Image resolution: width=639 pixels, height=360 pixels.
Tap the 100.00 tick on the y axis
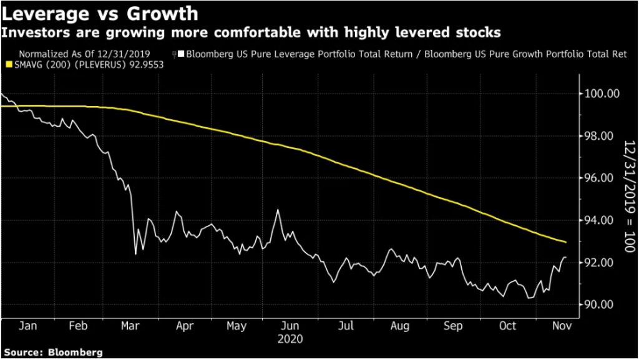coord(600,94)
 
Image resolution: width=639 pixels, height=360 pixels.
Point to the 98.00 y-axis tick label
coord(600,136)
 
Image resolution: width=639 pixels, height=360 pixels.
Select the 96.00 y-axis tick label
coord(600,178)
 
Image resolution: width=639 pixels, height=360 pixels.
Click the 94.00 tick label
coord(600,221)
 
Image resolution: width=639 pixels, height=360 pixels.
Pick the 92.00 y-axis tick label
coord(600,263)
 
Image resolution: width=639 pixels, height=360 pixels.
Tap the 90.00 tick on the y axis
coord(600,304)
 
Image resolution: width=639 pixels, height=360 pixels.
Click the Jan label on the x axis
coord(26,326)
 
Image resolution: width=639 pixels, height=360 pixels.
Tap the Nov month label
coord(560,326)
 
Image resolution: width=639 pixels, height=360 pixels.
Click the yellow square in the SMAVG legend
coord(8,65)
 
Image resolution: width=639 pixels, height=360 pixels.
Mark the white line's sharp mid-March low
coord(136,254)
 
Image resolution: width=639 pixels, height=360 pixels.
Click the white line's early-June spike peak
coord(278,210)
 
